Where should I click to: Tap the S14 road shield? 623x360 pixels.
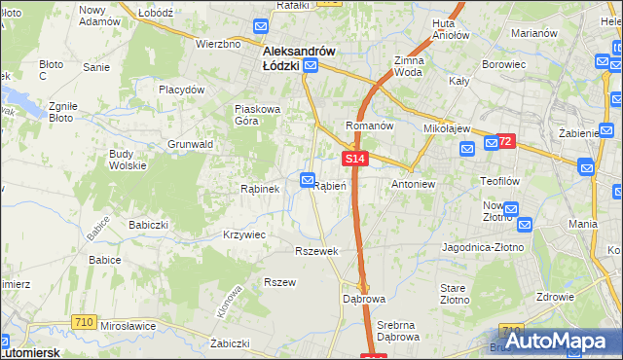click(354, 158)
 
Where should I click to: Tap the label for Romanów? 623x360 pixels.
click(370, 126)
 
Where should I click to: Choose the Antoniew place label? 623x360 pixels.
click(413, 183)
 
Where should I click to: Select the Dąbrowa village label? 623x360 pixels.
click(364, 298)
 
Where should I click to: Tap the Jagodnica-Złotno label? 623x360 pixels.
click(483, 248)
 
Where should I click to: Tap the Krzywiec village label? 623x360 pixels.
click(244, 235)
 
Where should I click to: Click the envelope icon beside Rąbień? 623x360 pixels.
click(308, 180)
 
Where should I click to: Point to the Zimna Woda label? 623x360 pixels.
click(408, 66)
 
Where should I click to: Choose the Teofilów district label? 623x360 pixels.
click(503, 181)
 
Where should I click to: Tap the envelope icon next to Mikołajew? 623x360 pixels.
click(466, 148)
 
